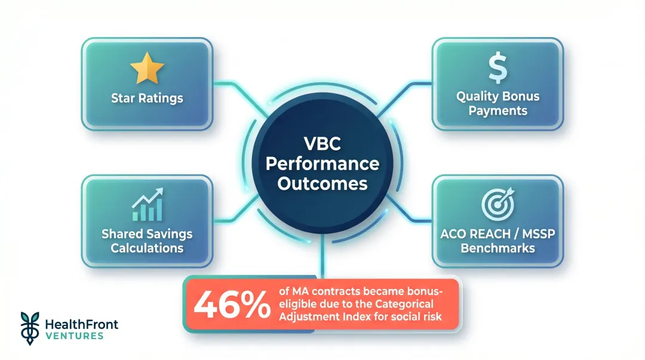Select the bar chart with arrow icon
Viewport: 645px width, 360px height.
147,205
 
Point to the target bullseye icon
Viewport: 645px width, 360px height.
497,205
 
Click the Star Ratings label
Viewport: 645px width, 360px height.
147,98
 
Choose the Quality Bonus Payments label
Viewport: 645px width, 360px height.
497,103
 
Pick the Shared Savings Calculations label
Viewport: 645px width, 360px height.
147,241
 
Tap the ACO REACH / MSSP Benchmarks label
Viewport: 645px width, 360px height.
497,240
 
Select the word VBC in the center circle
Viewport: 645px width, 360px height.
322,144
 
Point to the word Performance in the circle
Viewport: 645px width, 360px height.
322,164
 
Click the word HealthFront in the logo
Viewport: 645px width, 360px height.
82,324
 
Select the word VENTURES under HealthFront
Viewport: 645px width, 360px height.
74,336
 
